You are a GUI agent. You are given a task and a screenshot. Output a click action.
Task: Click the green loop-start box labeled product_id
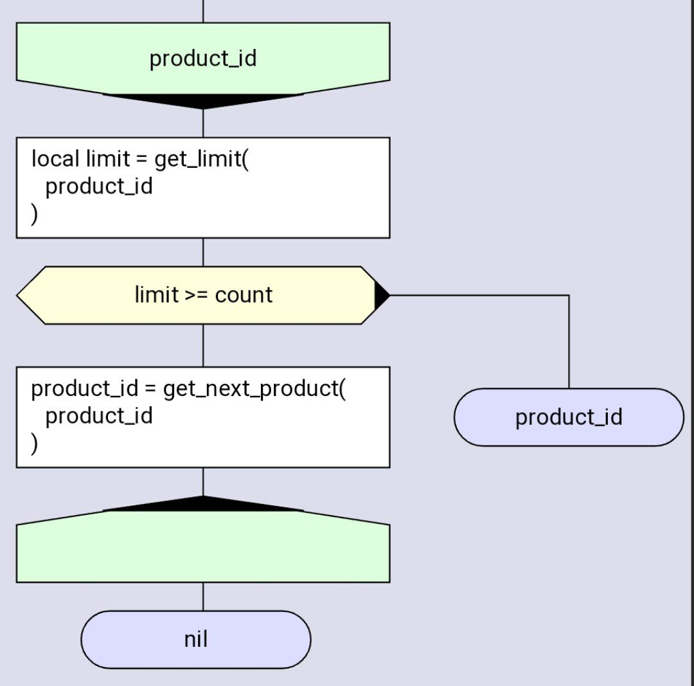click(x=202, y=59)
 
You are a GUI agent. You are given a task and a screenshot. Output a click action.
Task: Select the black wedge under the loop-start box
click(x=203, y=101)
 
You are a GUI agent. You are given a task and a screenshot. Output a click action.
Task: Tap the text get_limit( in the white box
click(x=201, y=159)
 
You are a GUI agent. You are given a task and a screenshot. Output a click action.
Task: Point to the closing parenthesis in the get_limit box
click(x=34, y=214)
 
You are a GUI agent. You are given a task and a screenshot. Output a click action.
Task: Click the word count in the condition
click(x=244, y=295)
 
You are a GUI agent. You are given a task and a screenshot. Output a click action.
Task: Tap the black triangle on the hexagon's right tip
click(x=380, y=295)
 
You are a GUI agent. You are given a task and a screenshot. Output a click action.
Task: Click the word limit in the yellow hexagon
click(x=156, y=295)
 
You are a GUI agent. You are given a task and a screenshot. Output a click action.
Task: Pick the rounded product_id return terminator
click(x=569, y=417)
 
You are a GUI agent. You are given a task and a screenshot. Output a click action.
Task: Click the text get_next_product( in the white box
click(x=254, y=389)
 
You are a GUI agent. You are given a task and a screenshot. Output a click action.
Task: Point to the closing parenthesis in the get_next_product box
click(x=34, y=444)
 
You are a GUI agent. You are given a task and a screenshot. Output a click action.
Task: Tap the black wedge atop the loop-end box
click(x=203, y=504)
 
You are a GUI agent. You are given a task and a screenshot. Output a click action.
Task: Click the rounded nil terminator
click(x=196, y=640)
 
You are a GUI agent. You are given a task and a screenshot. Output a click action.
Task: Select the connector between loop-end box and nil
click(x=203, y=597)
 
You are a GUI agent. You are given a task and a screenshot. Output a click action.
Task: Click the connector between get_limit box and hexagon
click(x=203, y=252)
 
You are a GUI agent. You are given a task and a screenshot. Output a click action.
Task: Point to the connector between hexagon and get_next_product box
click(x=203, y=345)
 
